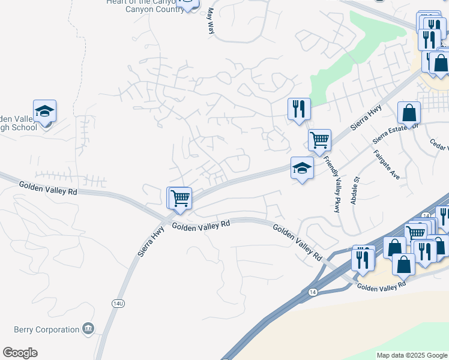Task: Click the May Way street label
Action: tap(211, 20)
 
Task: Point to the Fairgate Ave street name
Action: tap(387, 165)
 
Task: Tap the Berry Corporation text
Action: tap(46, 329)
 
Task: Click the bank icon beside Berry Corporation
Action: tap(88, 329)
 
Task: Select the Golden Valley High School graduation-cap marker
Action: tap(44, 111)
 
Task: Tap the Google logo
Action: tap(20, 353)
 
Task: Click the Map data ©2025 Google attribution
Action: tap(411, 355)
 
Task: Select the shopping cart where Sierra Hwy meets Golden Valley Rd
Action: tap(179, 198)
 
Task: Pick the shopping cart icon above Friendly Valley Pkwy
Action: tap(319, 140)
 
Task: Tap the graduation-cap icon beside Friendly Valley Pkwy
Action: tap(302, 169)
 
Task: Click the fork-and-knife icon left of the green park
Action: tap(299, 109)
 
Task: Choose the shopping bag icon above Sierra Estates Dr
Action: tap(409, 113)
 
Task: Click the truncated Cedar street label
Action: tap(439, 146)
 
